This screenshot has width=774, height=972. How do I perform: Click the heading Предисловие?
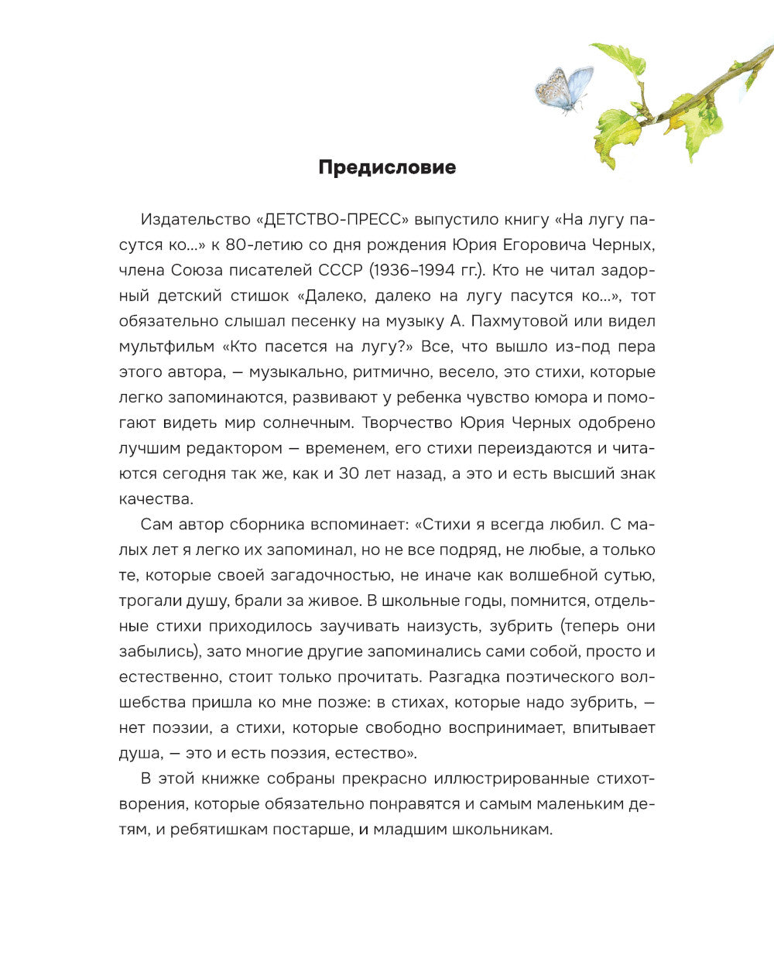(387, 167)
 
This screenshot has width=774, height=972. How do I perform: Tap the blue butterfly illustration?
(564, 88)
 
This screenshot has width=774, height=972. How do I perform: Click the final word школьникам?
(504, 829)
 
